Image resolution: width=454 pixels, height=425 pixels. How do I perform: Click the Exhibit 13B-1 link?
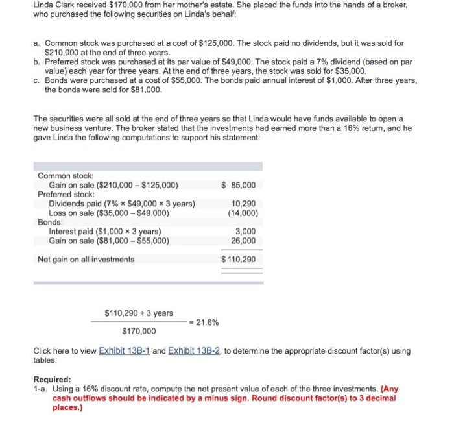[124, 351]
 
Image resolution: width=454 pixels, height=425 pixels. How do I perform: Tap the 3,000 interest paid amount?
[246, 231]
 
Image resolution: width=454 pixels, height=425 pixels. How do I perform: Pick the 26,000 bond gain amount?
[244, 240]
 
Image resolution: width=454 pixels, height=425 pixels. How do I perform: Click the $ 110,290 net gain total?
[239, 260]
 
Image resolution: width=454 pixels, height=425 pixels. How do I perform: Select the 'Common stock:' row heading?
[66, 176]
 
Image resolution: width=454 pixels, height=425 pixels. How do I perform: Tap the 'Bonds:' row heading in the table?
[51, 222]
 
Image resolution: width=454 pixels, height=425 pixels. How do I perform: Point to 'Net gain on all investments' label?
[86, 260]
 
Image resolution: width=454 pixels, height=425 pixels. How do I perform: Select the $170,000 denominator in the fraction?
[139, 332]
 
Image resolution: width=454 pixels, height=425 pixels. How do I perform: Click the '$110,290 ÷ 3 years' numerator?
[138, 313]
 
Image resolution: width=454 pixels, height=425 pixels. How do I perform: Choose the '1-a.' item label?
[41, 389]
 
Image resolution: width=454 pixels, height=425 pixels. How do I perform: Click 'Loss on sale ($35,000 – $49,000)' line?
[109, 212]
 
